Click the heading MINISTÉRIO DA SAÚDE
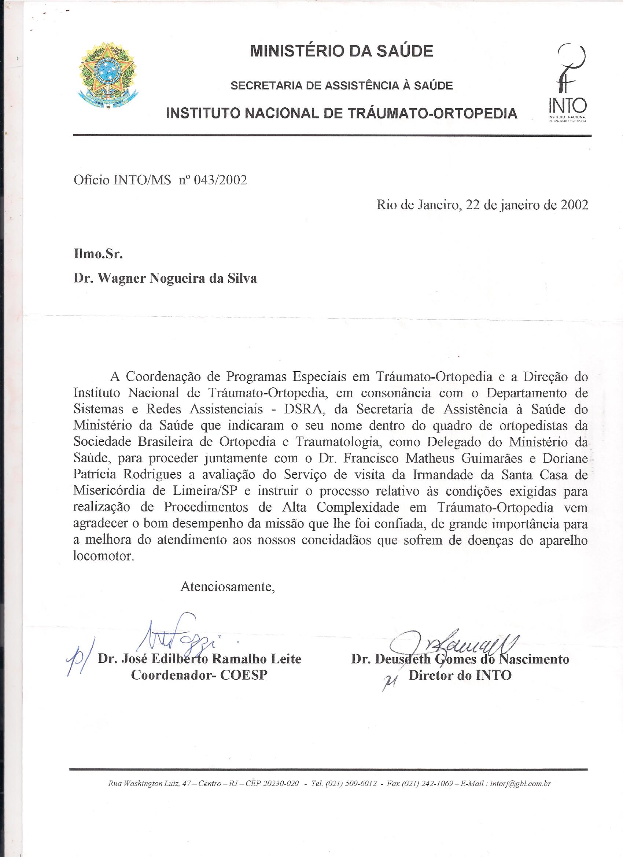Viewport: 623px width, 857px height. click(x=342, y=51)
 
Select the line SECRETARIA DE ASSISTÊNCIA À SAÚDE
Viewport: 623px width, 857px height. click(x=342, y=86)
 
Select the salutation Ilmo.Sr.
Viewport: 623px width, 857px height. click(x=98, y=254)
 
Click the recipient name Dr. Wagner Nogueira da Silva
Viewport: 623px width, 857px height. click(x=166, y=279)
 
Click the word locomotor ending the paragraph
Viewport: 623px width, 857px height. click(x=103, y=556)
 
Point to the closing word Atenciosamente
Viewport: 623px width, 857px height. click(x=228, y=586)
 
